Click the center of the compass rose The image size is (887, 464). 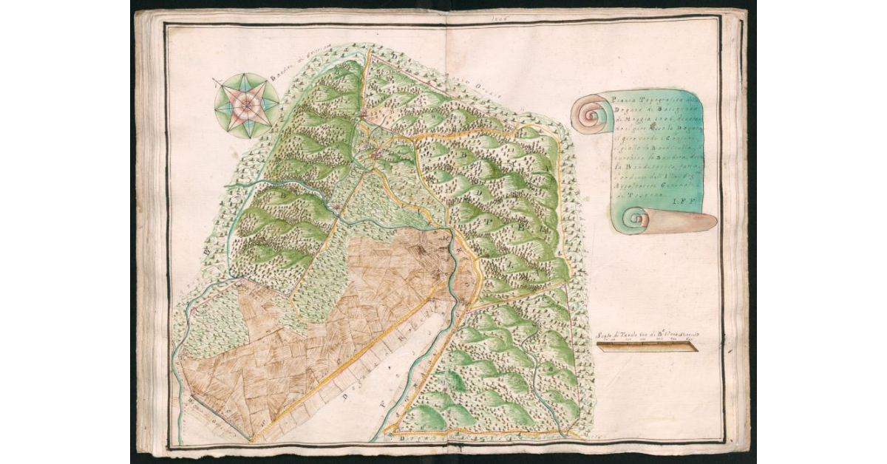(247, 106)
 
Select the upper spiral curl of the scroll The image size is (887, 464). (591, 115)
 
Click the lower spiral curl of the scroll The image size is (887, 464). (635, 219)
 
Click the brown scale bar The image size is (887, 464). (647, 346)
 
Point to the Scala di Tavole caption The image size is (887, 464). (646, 334)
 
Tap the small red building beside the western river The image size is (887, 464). (338, 208)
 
